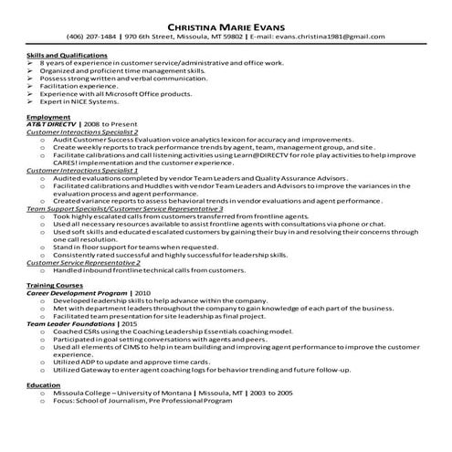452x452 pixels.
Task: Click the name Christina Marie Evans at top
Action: coord(226,23)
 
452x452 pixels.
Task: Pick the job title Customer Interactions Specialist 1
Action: coord(82,170)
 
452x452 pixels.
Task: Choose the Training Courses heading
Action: coord(54,286)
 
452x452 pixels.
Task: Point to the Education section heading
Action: coord(45,386)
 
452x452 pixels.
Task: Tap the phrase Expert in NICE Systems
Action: coord(82,106)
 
